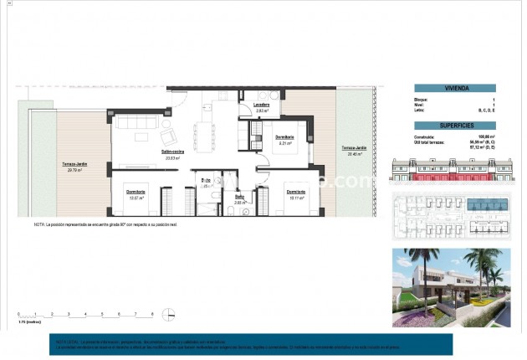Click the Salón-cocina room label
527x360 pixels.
pyautogui.click(x=173, y=152)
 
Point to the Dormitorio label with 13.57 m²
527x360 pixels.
pyautogui.click(x=137, y=193)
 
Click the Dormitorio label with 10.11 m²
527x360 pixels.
pyautogui.click(x=295, y=193)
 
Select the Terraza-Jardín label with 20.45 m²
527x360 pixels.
pyautogui.click(x=352, y=151)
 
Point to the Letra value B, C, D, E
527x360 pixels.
pyautogui.click(x=488, y=110)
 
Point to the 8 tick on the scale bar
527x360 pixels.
pyautogui.click(x=151, y=315)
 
